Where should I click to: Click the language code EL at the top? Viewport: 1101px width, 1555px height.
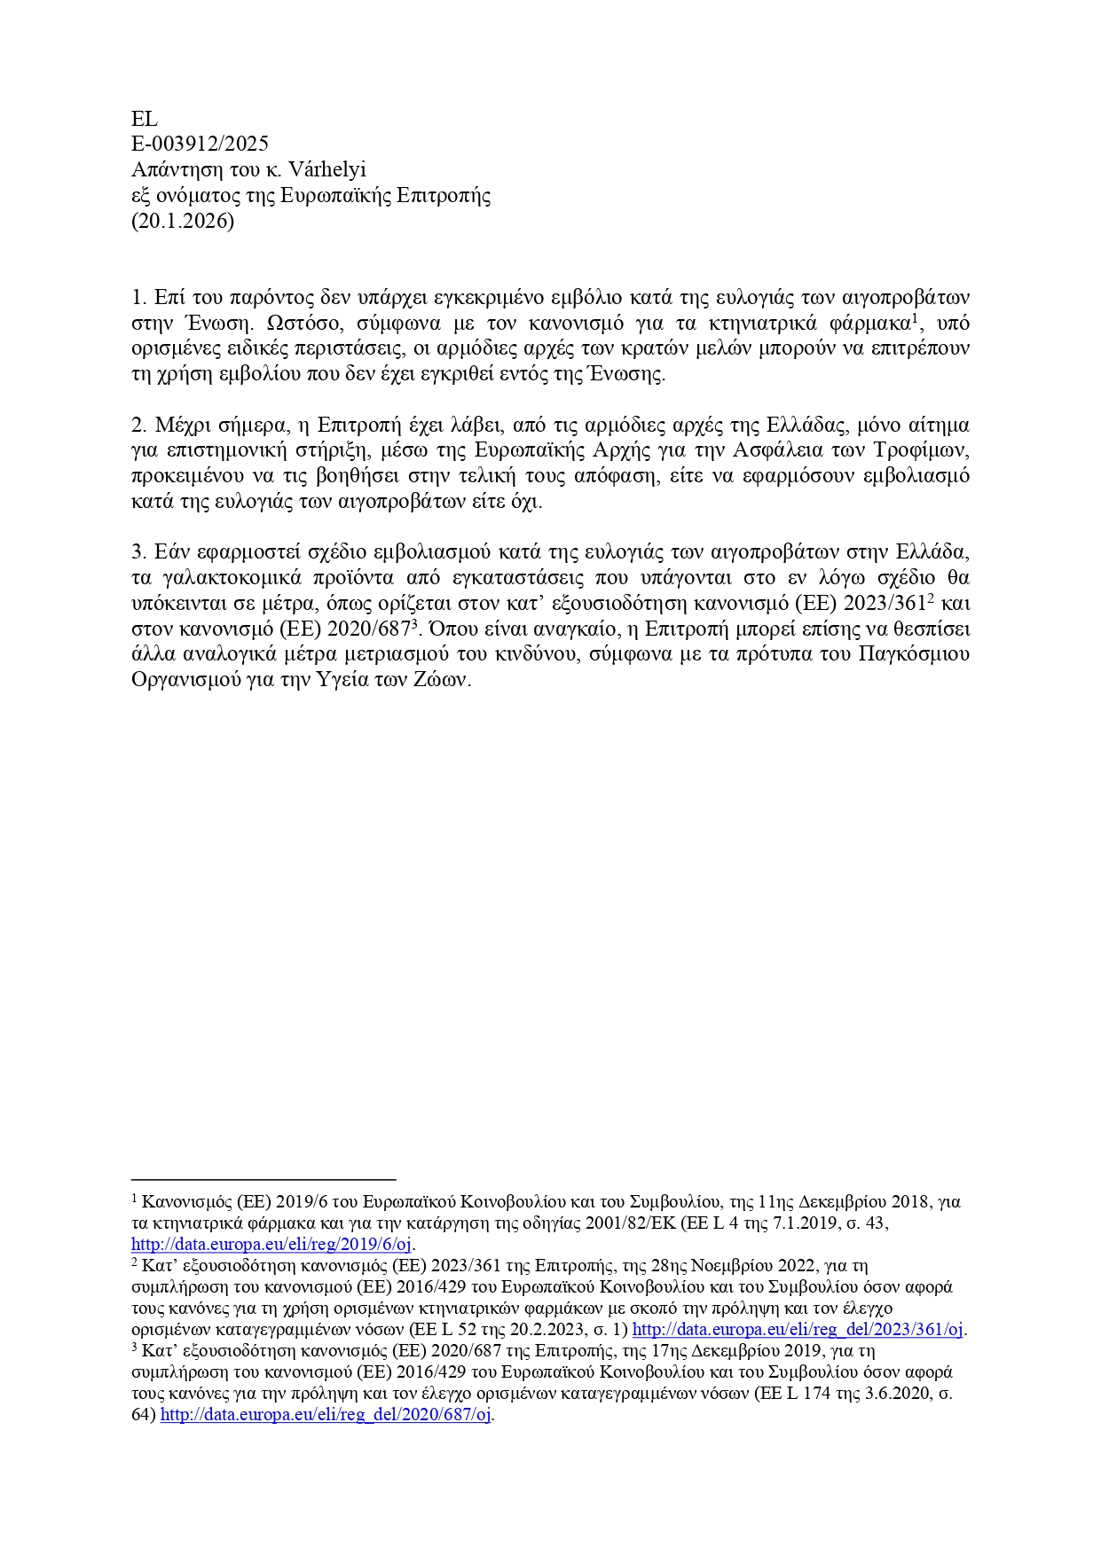point(144,119)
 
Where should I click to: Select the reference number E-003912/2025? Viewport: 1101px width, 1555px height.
point(200,145)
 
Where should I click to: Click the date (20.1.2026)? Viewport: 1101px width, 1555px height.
point(183,222)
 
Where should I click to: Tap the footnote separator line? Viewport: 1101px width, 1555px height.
point(263,1180)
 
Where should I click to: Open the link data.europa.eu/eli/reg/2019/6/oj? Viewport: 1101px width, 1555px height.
point(271,1245)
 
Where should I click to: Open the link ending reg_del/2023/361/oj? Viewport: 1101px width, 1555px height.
point(798,1330)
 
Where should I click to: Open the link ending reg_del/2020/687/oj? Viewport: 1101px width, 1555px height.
point(326,1415)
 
